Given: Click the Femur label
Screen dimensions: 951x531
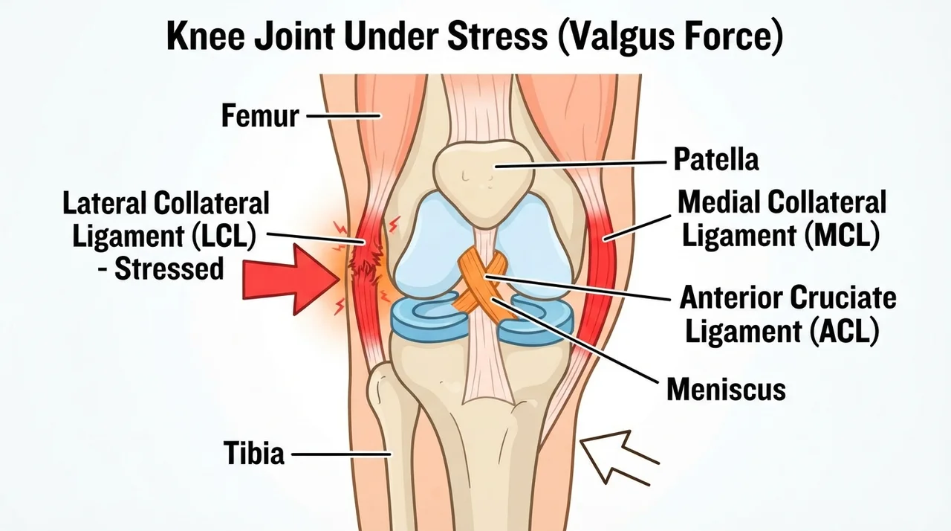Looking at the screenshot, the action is tap(260, 115).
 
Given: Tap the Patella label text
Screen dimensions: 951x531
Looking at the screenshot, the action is tap(715, 159).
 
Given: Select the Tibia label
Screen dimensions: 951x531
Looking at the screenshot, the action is tap(254, 453).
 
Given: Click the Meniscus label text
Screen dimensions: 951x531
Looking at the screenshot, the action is tap(726, 389).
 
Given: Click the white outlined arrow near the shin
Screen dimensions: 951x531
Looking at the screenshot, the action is tap(620, 457).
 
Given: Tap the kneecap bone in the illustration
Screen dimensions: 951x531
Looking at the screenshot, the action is tap(482, 181).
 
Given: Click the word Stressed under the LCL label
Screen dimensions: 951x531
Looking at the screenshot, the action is tap(169, 269).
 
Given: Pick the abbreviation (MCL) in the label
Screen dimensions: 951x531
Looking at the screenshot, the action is tap(842, 235).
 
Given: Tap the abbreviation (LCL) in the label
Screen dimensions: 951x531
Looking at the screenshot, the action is tap(224, 236).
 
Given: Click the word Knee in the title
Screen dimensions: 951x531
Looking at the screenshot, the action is tap(206, 36).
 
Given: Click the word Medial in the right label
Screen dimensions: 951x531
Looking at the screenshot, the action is tap(719, 202).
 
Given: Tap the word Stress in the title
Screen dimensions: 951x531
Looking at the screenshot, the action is tap(497, 36).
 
